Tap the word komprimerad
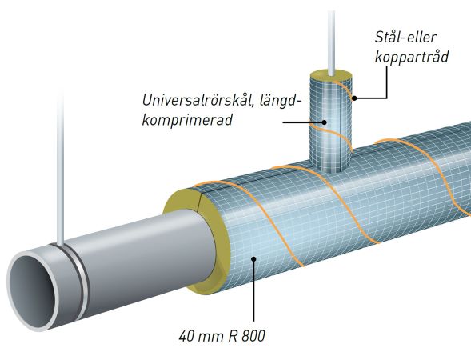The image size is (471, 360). pos(187,120)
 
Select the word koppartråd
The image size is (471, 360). pos(412,57)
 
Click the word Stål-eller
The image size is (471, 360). pos(405,38)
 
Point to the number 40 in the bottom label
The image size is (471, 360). pos(186,336)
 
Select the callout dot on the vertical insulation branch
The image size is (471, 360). pos(325,122)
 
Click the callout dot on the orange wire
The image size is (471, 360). pos(354,98)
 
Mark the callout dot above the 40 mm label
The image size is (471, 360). pos(253,258)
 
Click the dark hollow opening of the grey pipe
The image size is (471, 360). pos(34,290)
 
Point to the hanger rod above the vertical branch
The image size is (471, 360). pos(331,42)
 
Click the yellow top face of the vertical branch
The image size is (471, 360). pos(331,76)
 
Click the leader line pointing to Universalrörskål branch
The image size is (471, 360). pos(302,122)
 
